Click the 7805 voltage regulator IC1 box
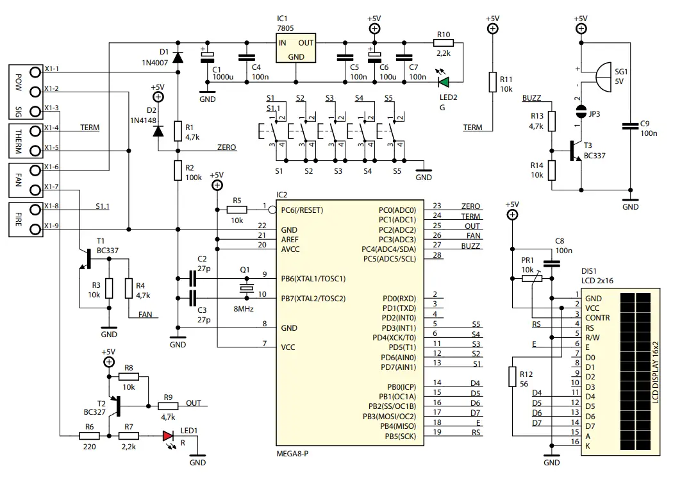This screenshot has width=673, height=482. click(295, 48)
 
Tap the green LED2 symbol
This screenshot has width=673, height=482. click(444, 82)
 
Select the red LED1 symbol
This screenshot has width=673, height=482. click(169, 436)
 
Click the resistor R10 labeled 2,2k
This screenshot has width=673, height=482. click(444, 43)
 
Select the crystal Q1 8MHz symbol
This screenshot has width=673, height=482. click(244, 288)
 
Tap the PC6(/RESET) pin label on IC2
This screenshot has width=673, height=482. click(303, 210)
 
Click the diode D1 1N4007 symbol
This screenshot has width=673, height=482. click(178, 57)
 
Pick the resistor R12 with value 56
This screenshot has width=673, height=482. click(511, 376)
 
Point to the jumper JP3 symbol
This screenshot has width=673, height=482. click(581, 112)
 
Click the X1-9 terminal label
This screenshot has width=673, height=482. click(52, 226)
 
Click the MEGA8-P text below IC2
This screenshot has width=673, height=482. click(296, 453)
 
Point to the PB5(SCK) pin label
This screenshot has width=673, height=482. click(401, 436)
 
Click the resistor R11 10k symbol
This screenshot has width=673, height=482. click(492, 82)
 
